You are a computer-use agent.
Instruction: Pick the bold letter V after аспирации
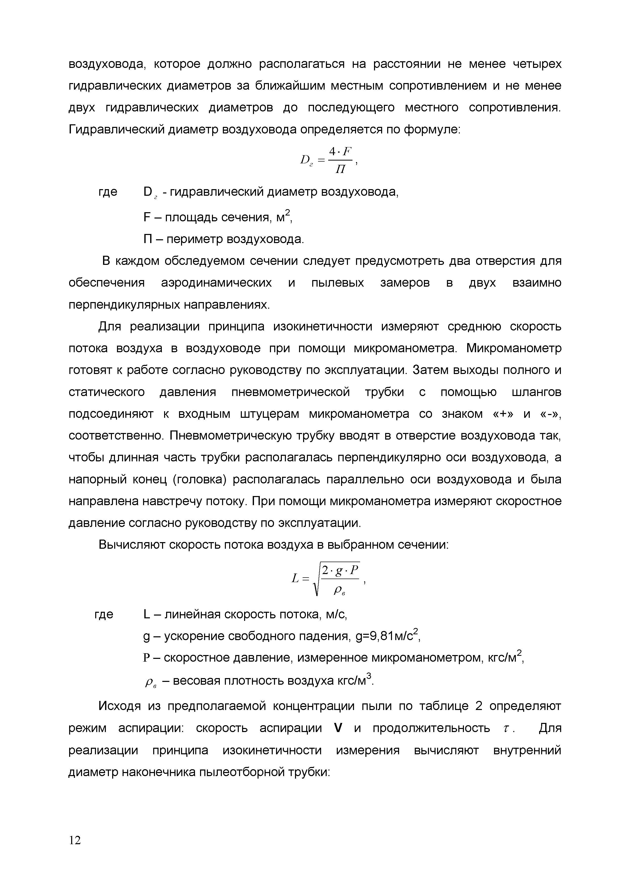click(x=338, y=728)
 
